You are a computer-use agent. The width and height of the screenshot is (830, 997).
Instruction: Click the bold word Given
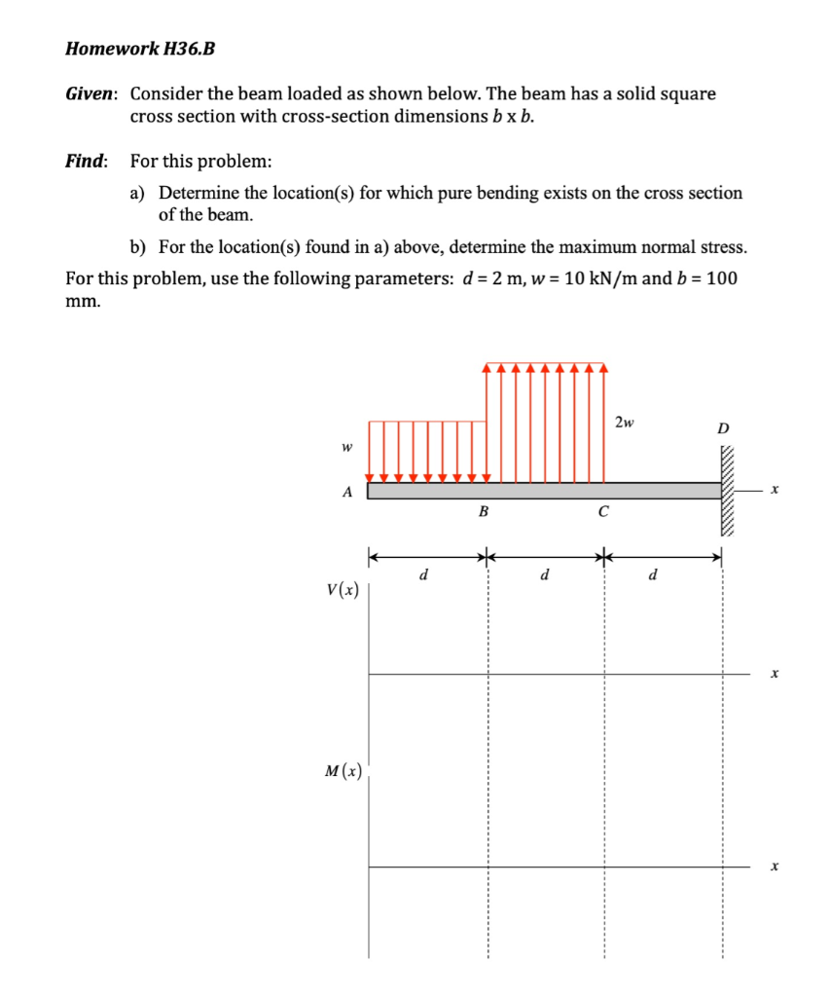[x=91, y=94]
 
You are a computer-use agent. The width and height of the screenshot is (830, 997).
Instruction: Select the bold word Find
[x=87, y=161]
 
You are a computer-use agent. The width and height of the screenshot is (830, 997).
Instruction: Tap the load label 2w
[x=625, y=422]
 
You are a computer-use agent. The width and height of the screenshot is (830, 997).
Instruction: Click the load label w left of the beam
[x=344, y=448]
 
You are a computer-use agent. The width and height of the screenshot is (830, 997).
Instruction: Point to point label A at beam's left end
[x=346, y=492]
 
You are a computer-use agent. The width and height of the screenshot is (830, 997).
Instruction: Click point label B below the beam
[x=484, y=511]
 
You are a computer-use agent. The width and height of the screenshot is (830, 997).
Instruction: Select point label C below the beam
[x=603, y=511]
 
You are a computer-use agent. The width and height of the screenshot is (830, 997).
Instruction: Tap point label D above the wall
[x=722, y=428]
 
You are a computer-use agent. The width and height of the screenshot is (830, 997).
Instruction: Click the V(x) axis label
[x=343, y=589]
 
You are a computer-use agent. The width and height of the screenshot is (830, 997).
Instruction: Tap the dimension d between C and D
[x=653, y=574]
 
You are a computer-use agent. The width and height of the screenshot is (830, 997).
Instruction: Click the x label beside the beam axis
[x=774, y=492]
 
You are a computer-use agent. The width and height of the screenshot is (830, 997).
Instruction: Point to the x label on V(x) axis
[x=774, y=673]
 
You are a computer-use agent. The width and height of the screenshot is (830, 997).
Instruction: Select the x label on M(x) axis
[x=774, y=866]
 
